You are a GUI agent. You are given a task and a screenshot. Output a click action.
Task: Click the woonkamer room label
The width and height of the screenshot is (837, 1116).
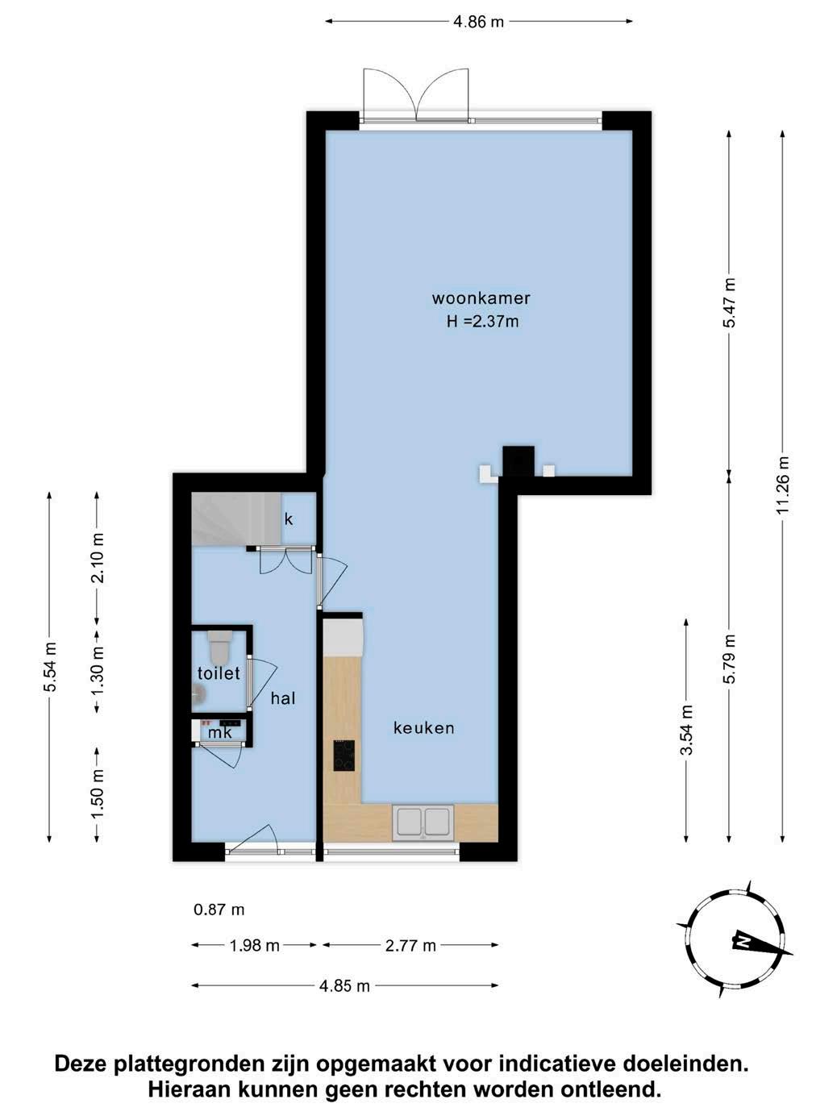coord(481,298)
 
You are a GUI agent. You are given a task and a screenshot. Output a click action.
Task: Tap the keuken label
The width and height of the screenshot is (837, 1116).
coord(424,728)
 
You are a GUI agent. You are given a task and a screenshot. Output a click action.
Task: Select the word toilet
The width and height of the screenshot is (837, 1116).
coord(219,673)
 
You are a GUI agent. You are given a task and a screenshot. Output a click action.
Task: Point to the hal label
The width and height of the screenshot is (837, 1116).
coord(283,698)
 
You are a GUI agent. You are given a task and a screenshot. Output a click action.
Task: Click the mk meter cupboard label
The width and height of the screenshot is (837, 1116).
coord(220,732)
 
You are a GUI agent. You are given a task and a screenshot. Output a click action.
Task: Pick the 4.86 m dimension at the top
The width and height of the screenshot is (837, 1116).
coord(478,22)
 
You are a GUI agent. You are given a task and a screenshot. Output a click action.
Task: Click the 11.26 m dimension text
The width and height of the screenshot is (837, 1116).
coord(783,485)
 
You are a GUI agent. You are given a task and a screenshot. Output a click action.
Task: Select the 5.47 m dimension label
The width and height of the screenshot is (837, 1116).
coord(730,303)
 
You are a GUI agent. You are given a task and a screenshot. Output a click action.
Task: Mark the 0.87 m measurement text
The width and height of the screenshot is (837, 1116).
coord(219,910)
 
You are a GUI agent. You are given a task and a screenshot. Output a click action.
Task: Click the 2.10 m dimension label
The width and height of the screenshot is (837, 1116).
coord(97,558)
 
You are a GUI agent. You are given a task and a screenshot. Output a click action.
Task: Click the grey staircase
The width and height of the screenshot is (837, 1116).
coord(236,519)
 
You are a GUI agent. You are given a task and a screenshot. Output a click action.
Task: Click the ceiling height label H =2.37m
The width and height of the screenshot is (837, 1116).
coord(483,321)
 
